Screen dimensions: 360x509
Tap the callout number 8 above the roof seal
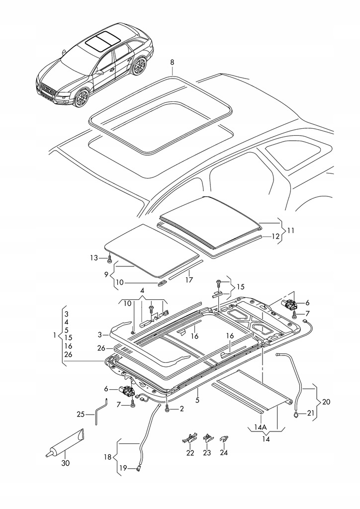pos(172,62)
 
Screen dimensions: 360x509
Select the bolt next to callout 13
pos(110,258)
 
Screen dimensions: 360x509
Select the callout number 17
pos(189,279)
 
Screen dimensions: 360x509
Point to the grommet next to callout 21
pos(296,414)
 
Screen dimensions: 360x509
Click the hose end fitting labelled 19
pos(140,468)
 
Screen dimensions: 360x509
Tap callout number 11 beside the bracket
pos(290,231)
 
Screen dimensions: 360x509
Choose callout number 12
pos(275,236)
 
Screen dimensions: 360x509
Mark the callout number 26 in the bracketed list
pos(68,354)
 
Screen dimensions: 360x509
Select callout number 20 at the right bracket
pos(326,402)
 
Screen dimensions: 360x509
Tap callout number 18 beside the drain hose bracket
pos(107,457)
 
